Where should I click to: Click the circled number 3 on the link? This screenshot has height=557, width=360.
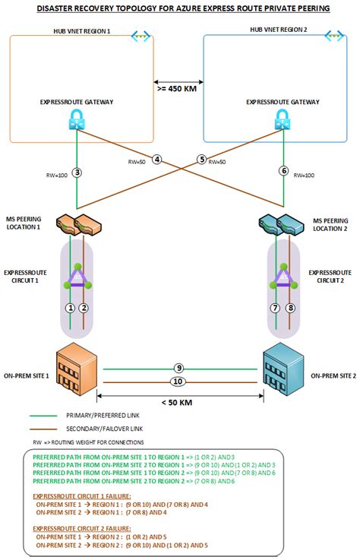click(77, 172)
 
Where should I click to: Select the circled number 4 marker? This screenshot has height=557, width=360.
click(156, 160)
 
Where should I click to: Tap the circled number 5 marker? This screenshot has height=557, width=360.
click(201, 160)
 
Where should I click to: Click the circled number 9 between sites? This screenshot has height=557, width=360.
click(178, 368)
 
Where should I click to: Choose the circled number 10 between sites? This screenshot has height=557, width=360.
click(178, 381)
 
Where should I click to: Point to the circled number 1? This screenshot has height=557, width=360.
click(70, 308)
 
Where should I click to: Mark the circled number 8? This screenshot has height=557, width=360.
click(289, 308)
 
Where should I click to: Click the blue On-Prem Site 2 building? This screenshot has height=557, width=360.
click(282, 370)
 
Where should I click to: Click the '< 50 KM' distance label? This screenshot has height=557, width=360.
click(178, 402)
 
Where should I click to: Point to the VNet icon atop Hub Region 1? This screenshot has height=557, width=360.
click(140, 36)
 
